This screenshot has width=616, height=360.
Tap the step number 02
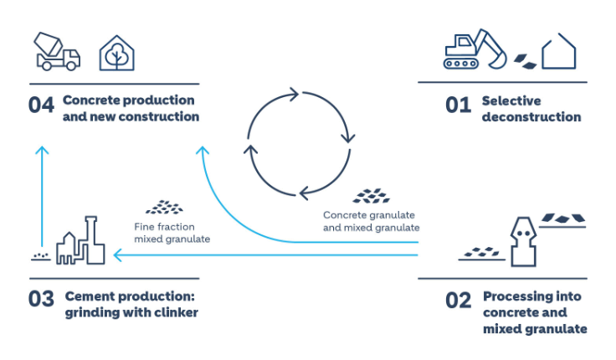coord(459,299)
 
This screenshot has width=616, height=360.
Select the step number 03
coord(41,299)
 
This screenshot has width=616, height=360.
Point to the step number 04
coord(41,106)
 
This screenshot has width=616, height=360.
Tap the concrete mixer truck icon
coord(58,51)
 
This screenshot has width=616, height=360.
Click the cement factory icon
coord(80,242)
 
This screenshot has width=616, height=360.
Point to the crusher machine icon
coord(522,239)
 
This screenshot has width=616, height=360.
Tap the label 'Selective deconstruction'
coord(531,109)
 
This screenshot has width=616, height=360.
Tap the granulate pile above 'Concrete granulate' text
coord(371,196)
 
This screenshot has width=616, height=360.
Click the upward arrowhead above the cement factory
coord(43,152)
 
